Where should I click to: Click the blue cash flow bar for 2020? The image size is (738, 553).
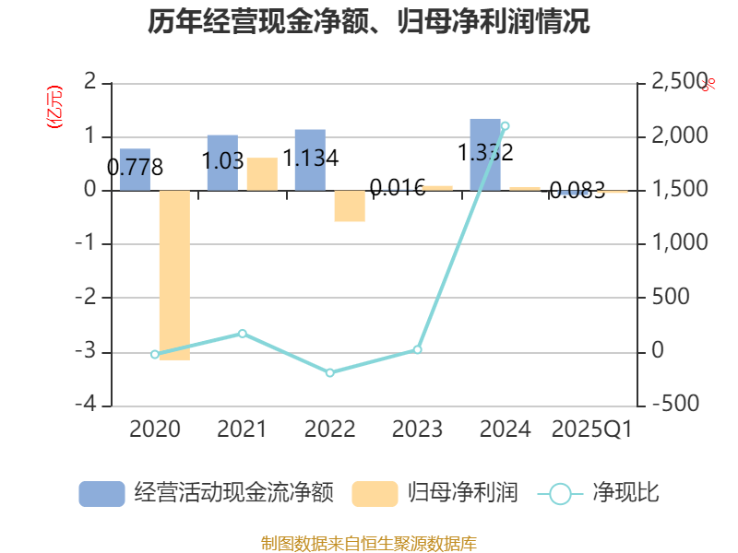(x=135, y=170)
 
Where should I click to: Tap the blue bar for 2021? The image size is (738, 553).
(x=222, y=163)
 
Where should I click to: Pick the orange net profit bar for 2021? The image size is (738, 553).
(x=262, y=174)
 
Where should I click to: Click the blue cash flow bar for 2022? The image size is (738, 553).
(x=310, y=160)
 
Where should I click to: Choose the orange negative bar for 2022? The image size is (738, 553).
(x=350, y=206)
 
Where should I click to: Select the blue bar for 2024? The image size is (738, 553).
(x=485, y=155)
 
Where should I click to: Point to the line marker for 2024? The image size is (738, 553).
(x=505, y=126)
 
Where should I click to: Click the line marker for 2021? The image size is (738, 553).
(x=243, y=333)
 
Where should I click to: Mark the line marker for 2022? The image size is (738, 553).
(x=330, y=372)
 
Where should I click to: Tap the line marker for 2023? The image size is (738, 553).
(x=417, y=349)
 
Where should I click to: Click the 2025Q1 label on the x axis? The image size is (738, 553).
(x=591, y=429)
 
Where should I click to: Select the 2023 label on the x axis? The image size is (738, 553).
(x=417, y=429)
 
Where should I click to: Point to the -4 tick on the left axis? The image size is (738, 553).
(x=90, y=406)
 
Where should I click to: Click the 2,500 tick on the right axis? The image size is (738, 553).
(x=679, y=83)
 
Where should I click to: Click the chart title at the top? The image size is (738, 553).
(x=369, y=21)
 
